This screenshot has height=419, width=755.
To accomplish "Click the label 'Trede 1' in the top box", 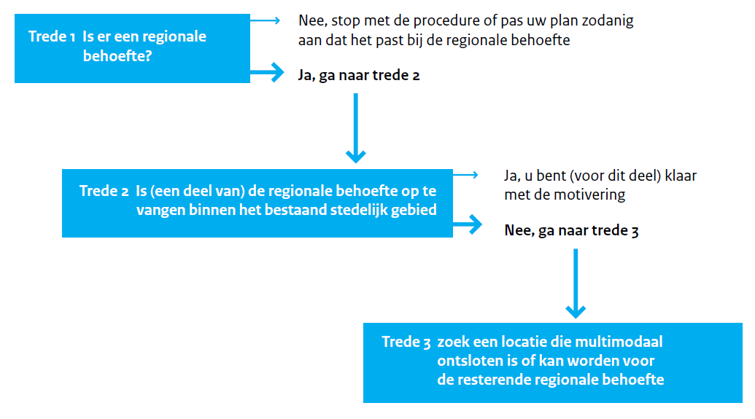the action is coord(52,36).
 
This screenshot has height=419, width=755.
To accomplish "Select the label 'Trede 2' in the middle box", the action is coord(104,191).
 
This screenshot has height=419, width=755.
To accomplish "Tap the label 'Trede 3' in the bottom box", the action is coord(406,342).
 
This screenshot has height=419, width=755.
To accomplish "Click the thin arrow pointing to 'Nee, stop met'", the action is coord(265,20).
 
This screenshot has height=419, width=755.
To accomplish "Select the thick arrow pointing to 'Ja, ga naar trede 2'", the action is coord(267,72).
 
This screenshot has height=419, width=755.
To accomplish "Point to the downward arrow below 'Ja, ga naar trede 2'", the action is coord(356,128).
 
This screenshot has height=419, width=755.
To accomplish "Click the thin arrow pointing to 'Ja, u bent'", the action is coord(465,175).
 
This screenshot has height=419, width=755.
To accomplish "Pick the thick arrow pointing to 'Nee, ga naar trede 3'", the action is coord(468,224).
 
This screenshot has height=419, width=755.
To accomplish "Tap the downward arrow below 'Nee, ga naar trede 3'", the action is coord(576,283).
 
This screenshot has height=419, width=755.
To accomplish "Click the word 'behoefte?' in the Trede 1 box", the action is coord(117,56).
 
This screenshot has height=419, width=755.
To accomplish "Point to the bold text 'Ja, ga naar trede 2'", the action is coord(359,76).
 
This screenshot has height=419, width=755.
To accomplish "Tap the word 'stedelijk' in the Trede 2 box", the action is coord(357,210).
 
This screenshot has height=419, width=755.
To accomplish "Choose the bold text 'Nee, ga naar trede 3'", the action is coord(571,230).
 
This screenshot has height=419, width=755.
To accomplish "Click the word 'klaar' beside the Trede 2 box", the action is coord(681,176).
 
